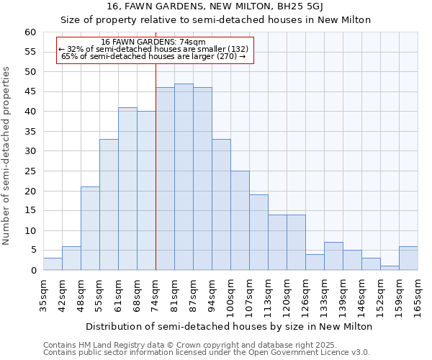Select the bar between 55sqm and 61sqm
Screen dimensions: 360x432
109,204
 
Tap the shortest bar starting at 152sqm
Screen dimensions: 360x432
390,268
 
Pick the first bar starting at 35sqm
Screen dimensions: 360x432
53,264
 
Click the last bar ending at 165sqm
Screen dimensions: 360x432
408,258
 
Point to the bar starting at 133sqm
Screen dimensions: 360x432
333,256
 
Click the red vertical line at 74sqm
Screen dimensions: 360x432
156,180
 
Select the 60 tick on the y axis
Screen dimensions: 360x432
30,32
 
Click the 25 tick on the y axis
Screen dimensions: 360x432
30,171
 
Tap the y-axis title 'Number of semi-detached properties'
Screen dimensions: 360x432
7,156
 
